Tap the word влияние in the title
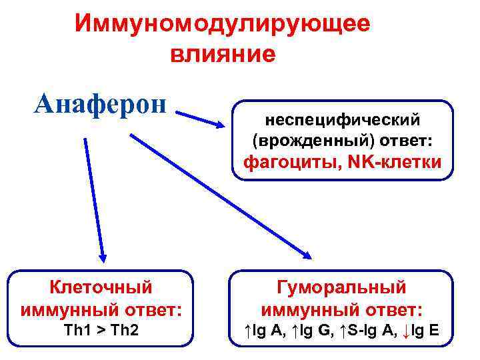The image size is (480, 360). (x=222, y=53)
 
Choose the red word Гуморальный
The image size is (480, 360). (x=341, y=287)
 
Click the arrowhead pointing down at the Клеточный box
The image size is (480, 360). (x=102, y=254)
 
